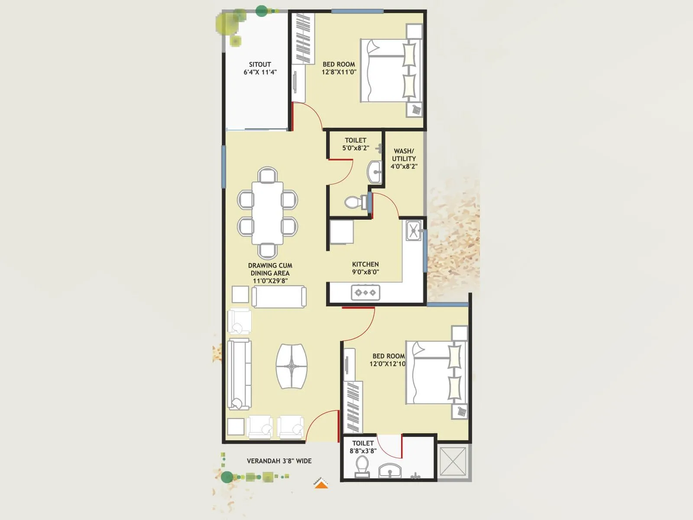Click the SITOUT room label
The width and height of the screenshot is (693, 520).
tap(260, 68)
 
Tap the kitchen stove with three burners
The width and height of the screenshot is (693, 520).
tap(366, 292)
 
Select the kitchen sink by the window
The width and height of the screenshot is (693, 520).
tap(413, 230)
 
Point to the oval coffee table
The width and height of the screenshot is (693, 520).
tap(291, 366)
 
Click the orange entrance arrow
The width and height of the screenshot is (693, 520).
tap(321, 484)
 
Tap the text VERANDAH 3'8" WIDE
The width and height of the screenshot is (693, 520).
tap(279, 461)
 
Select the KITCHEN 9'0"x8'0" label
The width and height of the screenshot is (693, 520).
tap(365, 268)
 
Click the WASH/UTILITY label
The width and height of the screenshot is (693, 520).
tap(404, 159)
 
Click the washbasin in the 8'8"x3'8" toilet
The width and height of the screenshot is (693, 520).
tap(390, 471)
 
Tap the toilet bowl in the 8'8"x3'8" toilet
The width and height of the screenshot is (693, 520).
tap(362, 466)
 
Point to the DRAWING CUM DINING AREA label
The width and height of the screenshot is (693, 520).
tap(270, 273)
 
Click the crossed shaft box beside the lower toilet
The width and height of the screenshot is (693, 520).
tap(453, 462)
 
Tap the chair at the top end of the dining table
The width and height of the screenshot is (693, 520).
tap(267, 175)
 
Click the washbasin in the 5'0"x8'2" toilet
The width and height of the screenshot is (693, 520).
tap(375, 172)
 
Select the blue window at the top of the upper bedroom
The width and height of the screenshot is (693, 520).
tap(357, 11)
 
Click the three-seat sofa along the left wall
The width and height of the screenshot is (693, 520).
tap(239, 374)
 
